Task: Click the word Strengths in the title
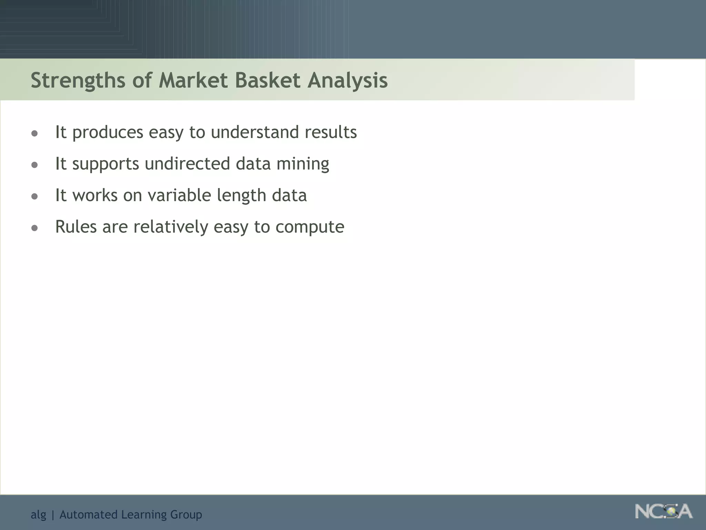78,80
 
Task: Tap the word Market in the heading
193,80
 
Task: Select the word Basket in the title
268,80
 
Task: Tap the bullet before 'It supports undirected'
34,165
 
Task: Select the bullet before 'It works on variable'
34,197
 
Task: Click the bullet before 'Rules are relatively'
34,228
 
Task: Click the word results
331,132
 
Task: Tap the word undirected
187,164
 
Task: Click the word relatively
171,227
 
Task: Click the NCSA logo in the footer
664,511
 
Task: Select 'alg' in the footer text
38,515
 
